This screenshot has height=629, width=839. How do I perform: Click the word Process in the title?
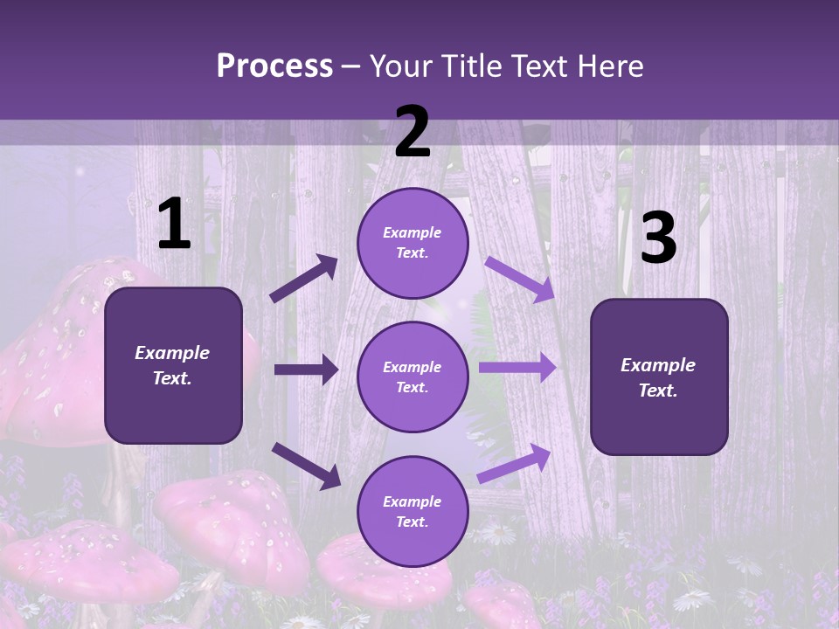[x=274, y=66]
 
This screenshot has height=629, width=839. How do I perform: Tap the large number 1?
[x=174, y=225]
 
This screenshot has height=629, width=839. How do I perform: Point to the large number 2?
[x=413, y=132]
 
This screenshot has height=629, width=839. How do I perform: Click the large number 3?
[x=658, y=238]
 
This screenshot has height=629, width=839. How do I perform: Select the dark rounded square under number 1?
[x=173, y=365]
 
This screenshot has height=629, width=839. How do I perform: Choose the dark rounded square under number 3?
[x=659, y=377]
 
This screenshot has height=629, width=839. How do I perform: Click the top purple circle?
[x=413, y=243]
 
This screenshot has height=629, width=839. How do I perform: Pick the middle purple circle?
[x=413, y=377]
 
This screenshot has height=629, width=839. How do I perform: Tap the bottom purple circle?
[x=413, y=511]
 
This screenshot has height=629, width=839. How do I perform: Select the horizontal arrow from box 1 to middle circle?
[x=306, y=370]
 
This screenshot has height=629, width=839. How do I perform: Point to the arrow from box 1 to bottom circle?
[x=306, y=465]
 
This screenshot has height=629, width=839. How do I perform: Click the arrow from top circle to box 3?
[x=520, y=279]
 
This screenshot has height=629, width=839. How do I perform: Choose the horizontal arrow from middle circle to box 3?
[x=517, y=367]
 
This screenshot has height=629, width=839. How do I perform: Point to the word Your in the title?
[x=401, y=66]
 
